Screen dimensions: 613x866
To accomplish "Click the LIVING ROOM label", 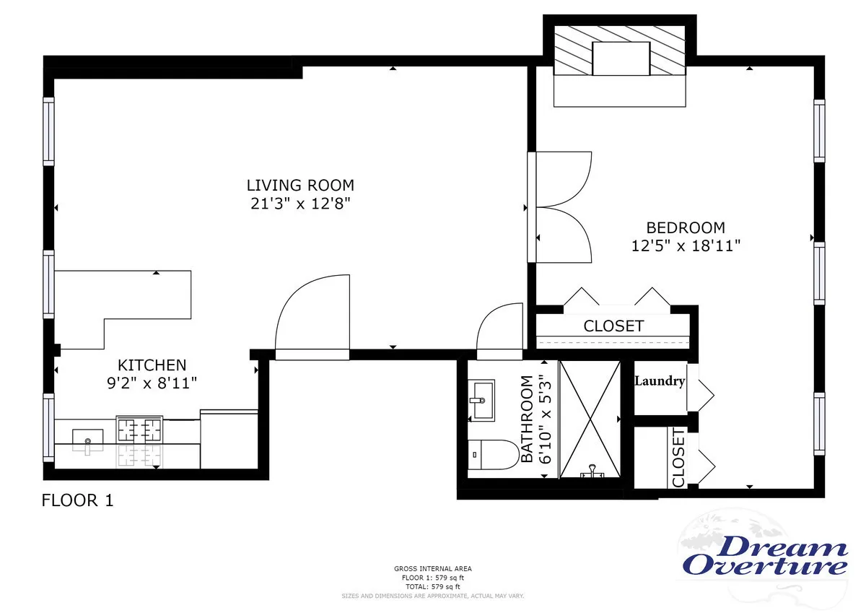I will click(x=300, y=186).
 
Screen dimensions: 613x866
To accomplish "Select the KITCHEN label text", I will click(x=152, y=365).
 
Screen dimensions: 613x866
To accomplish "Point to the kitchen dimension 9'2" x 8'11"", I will click(x=152, y=383).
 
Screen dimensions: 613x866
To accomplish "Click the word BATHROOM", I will click(x=527, y=419).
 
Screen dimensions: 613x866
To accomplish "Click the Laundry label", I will click(x=659, y=381).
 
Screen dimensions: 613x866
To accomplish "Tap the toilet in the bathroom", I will click(x=491, y=455).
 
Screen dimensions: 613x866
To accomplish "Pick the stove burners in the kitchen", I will click(x=139, y=431).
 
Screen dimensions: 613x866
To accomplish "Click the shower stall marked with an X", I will click(x=590, y=419).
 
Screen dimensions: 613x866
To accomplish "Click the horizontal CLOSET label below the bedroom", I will click(x=613, y=326).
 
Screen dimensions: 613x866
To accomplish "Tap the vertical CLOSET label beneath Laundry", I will click(x=678, y=458).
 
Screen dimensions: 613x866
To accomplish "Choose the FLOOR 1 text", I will click(x=78, y=500).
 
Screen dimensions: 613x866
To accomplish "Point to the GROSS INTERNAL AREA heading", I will click(x=432, y=569).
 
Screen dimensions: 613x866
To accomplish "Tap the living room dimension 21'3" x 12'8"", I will click(x=300, y=204).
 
